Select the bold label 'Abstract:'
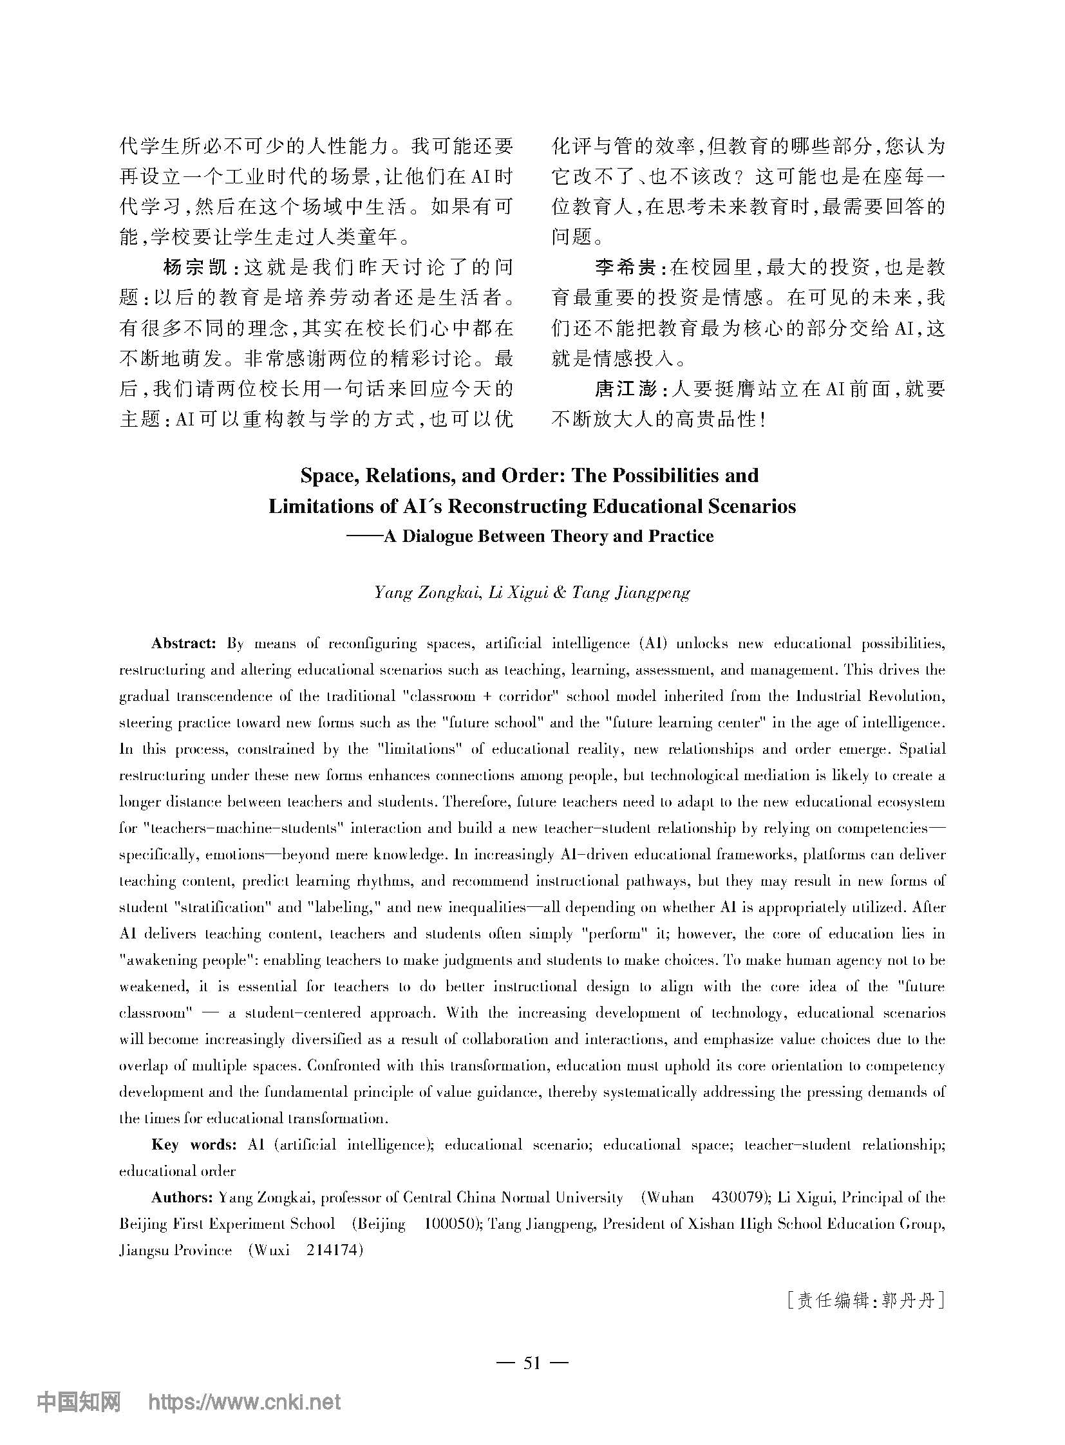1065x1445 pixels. click(183, 643)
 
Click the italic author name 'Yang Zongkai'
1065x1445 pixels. click(426, 592)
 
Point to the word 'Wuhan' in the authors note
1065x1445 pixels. click(670, 1197)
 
